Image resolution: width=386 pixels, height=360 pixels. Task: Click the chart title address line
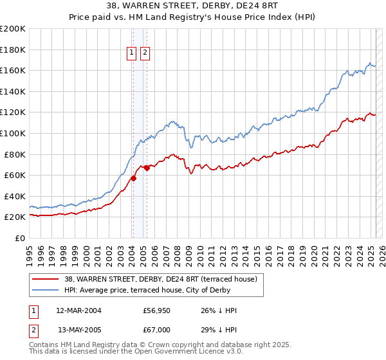pos(192,6)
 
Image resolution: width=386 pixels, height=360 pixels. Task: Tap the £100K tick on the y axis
pos(13,133)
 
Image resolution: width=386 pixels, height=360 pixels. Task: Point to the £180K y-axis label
pos(13,49)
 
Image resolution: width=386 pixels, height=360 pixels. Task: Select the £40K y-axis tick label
pos(15,196)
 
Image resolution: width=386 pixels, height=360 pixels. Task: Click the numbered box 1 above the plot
pos(132,53)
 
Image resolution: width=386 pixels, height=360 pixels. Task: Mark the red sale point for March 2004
pos(133,178)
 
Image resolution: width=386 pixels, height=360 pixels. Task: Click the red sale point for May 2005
pos(147,168)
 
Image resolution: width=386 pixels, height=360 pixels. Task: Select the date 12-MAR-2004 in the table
pos(78,310)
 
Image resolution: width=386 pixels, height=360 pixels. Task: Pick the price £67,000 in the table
pos(156,330)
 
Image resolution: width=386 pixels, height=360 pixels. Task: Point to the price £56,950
pos(156,310)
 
